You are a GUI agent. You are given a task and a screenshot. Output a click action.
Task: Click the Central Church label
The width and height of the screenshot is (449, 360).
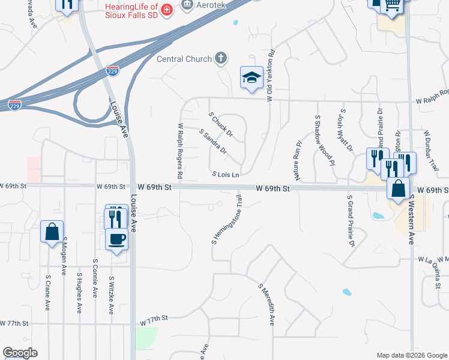(184, 59)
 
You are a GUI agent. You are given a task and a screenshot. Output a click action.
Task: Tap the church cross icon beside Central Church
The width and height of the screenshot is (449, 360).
(221, 59)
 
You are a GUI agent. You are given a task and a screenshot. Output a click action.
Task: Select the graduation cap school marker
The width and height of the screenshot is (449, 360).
(252, 77)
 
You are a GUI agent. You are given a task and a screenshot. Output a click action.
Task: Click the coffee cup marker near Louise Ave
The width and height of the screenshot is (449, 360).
(117, 239)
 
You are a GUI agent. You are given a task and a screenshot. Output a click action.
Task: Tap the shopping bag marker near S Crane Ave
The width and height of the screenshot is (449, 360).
(52, 231)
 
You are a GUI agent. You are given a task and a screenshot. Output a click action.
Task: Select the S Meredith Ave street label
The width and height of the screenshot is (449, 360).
(267, 305)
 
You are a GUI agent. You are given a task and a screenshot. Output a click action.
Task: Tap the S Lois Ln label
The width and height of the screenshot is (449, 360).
(226, 175)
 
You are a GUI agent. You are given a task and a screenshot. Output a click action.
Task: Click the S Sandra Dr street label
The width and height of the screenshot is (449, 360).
(213, 140)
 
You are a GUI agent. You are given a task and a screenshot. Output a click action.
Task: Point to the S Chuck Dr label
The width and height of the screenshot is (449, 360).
(220, 124)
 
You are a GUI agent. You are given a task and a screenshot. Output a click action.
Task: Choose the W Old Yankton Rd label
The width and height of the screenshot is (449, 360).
(271, 75)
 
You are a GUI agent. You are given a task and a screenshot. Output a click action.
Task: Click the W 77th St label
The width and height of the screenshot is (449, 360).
(152, 323)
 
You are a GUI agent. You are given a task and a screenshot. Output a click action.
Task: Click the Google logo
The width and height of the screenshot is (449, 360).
(20, 353)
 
